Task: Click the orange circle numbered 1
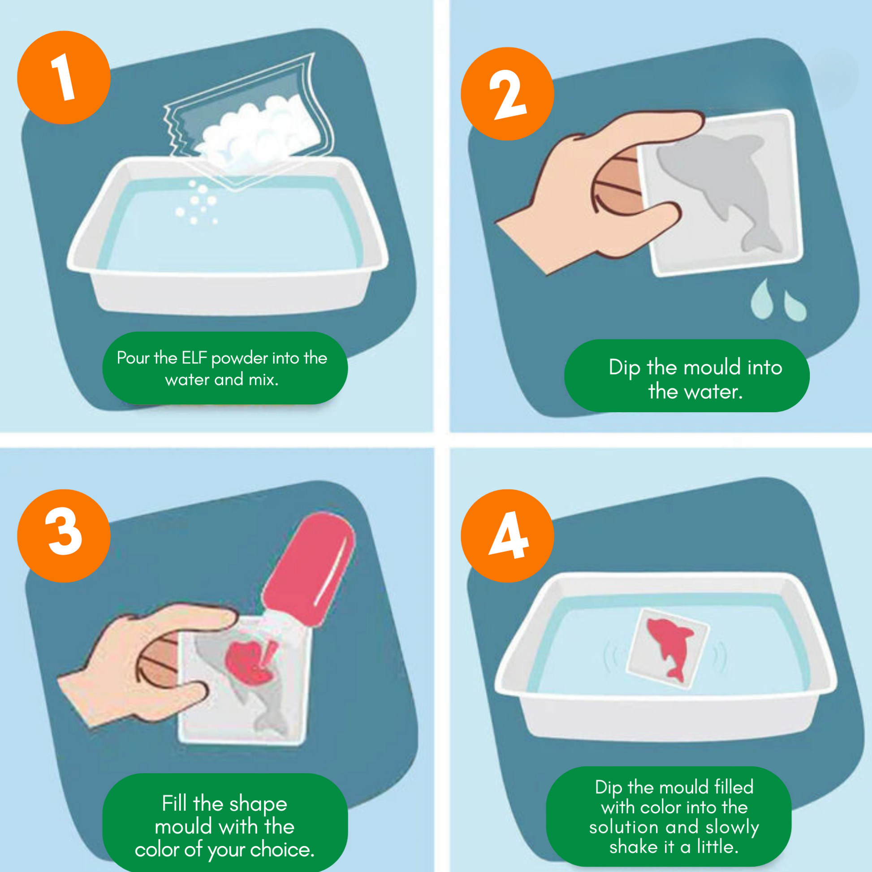coord(64,77)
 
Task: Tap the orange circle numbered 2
coord(507,94)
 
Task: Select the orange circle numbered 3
coord(64,536)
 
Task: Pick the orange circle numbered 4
coord(507,536)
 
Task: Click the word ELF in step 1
coord(194,358)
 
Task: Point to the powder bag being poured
coord(250,122)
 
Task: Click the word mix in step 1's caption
coord(263,380)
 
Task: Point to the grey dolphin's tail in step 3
coord(271,722)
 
